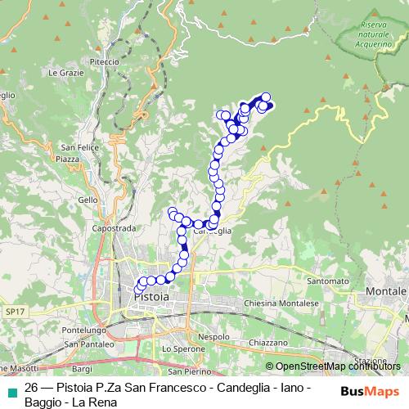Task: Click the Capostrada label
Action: coord(112,229)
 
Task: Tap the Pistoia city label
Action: coord(151,297)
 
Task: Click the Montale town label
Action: coord(387,291)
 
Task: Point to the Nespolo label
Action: coord(214,336)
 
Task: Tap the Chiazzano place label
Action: coord(269,341)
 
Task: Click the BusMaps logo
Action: coord(371,391)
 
